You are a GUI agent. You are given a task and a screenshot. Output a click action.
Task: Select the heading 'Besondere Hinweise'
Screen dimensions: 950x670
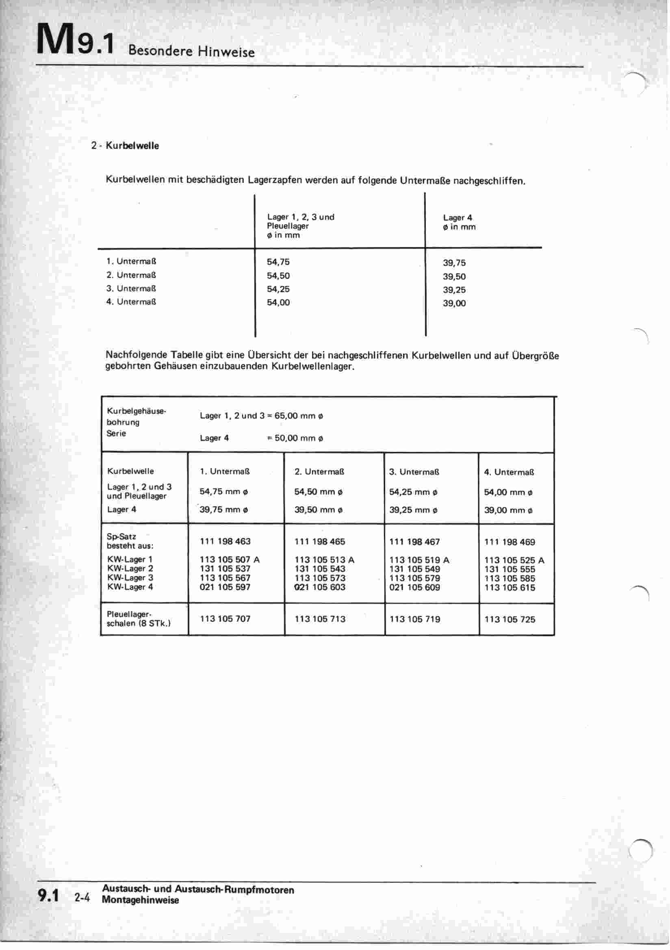tap(191, 51)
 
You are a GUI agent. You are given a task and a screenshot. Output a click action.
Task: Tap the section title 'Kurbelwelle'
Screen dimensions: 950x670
tap(132, 145)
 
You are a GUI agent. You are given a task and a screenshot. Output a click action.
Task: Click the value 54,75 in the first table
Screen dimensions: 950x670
tap(278, 262)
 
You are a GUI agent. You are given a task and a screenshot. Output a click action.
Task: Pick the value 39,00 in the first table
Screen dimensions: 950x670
tap(454, 303)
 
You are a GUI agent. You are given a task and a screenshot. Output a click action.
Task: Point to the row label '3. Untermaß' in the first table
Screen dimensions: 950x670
tap(131, 288)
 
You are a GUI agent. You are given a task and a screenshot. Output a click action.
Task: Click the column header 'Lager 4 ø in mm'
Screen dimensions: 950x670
tap(459, 222)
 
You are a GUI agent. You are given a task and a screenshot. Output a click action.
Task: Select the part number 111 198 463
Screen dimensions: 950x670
tap(225, 541)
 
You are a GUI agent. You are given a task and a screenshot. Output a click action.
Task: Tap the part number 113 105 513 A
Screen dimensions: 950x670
tap(325, 560)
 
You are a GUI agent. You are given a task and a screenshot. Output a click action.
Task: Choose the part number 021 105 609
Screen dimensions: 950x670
tap(415, 587)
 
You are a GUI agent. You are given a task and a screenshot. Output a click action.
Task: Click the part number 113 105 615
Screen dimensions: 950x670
tap(510, 588)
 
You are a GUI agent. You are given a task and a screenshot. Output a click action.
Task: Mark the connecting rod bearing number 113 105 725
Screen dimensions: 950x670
tap(510, 619)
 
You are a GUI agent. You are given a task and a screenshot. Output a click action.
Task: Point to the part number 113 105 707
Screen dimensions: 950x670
tap(225, 618)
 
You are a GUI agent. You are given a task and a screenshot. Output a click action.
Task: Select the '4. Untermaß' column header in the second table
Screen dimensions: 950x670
tap(509, 472)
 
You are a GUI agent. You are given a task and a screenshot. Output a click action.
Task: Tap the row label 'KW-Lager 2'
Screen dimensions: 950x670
tap(130, 568)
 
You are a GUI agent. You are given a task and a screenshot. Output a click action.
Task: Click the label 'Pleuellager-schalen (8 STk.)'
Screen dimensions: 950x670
tap(138, 618)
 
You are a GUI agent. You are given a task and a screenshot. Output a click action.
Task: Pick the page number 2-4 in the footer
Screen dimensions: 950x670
tap(82, 898)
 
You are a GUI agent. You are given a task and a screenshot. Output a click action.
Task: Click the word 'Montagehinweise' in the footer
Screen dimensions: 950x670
tap(140, 900)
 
